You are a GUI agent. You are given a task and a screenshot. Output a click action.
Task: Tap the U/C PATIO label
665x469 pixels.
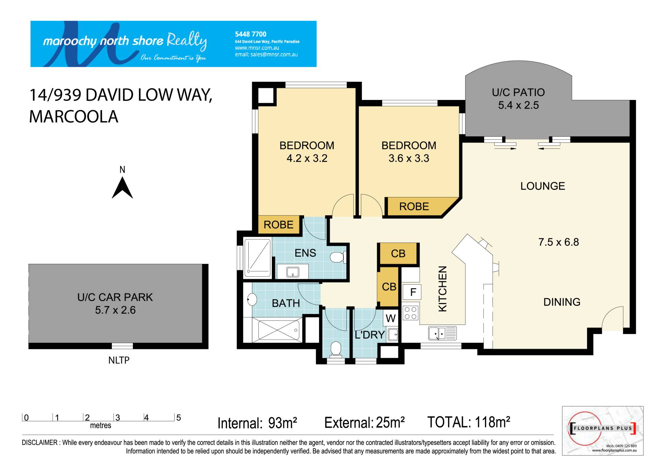(518, 92)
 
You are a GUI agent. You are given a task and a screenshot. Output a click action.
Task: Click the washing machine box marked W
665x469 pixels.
(390, 318)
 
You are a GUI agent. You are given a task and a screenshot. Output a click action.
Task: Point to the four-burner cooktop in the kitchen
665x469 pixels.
(410, 313)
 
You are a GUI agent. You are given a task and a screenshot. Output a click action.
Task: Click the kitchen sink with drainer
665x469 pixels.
(443, 333)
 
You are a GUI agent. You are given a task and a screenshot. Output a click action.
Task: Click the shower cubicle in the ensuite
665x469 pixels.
(258, 258)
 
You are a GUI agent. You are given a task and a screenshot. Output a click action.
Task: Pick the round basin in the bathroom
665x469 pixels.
(252, 300)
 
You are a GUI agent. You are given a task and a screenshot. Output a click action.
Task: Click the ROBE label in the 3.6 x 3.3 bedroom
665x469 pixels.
(414, 206)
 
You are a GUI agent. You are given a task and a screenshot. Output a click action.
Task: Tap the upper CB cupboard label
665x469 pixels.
(398, 254)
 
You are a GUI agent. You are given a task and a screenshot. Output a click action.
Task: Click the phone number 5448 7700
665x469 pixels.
(251, 34)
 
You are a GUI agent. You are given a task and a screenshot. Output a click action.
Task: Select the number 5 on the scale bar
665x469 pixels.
(179, 417)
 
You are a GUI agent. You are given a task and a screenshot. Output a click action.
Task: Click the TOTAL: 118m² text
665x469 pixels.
(469, 422)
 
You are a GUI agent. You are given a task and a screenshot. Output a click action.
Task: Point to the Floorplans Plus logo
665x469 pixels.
(603, 431)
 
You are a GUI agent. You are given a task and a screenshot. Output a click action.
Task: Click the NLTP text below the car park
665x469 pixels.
(119, 360)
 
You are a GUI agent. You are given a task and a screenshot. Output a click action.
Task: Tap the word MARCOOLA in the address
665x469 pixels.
(74, 117)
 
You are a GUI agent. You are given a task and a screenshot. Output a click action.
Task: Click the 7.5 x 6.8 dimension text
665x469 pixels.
(558, 242)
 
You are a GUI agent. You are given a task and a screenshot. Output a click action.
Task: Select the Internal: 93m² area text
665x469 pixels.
(257, 423)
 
